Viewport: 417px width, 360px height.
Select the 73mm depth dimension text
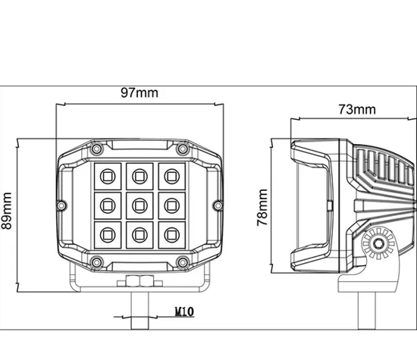click(356, 110)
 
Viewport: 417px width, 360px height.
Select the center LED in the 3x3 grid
click(139, 203)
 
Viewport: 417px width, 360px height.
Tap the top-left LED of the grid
click(106, 177)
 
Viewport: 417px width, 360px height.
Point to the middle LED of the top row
click(139, 177)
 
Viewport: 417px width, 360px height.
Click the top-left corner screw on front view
click(96, 148)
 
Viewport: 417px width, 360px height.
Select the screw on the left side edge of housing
click(63, 204)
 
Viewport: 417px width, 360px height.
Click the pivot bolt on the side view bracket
click(377, 243)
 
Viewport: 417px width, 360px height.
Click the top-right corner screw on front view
click(181, 148)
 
